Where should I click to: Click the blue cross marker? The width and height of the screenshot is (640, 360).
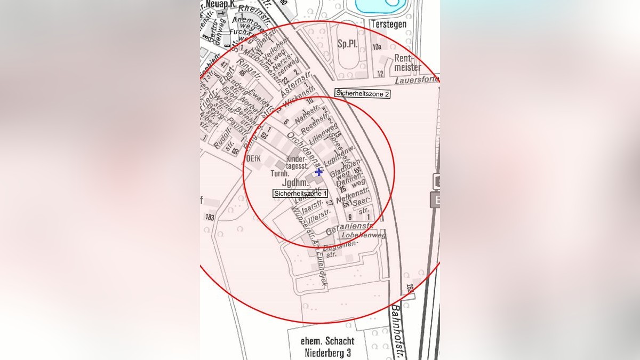[x=319, y=172]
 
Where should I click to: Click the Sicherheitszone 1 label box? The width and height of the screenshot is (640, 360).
[x=300, y=194]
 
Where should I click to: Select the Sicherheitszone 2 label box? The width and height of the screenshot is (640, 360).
[x=363, y=93]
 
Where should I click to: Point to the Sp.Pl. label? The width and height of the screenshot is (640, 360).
[x=347, y=44]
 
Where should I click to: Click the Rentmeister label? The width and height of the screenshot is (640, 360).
[x=408, y=63]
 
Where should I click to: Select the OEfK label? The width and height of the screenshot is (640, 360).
[x=252, y=159]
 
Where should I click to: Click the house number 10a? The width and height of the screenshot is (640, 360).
[x=377, y=47]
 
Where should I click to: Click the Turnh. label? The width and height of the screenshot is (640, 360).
[x=280, y=174]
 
